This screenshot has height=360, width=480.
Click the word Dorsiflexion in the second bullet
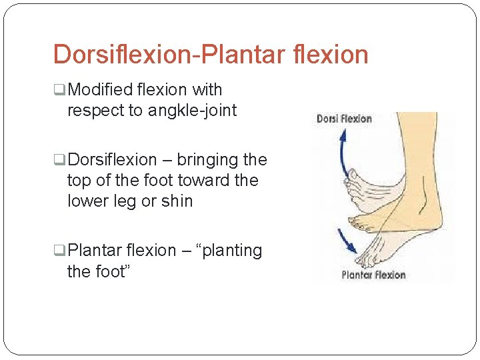112,160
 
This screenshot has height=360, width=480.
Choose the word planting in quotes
227,251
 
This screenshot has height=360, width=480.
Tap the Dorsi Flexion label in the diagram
344,119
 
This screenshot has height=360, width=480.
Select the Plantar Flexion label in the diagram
373,275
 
